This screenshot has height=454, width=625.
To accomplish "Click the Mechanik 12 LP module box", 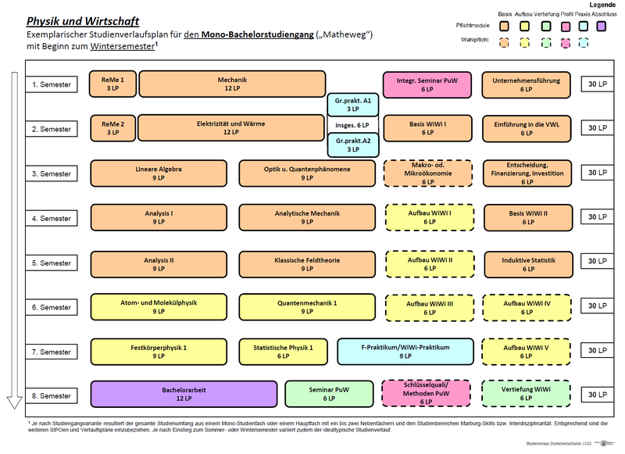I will [231, 84].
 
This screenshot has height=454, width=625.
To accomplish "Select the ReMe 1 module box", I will [112, 84].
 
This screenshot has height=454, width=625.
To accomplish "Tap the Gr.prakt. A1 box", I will [352, 105].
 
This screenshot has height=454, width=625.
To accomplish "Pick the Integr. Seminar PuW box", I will [427, 84].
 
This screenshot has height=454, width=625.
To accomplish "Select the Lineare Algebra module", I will [159, 173].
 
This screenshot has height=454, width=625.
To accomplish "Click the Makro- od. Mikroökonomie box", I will [427, 173].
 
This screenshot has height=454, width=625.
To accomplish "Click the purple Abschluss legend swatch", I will [603, 26].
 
